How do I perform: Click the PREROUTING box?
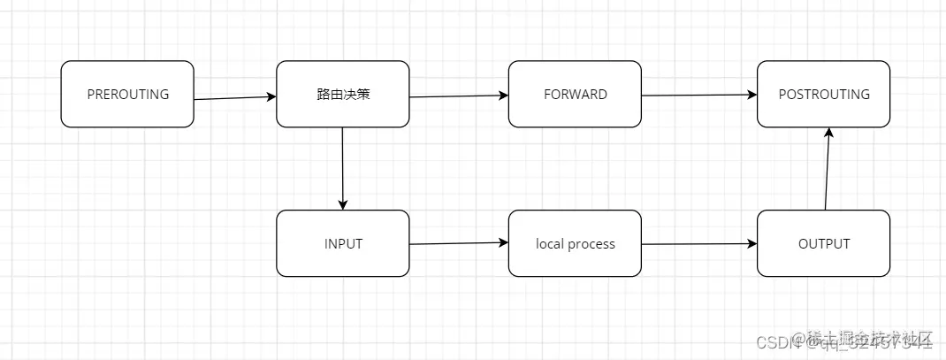pos(127,94)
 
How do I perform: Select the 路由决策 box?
pos(343,94)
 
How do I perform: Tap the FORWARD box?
pos(575,94)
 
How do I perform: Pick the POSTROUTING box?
pos(824,94)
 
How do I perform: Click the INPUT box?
pos(343,243)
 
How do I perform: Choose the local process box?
pos(575,243)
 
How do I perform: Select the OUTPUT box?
pos(824,243)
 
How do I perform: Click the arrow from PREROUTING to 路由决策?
pos(235,98)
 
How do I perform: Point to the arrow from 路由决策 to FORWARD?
pos(459,96)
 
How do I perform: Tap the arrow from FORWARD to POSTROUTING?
pos(699,95)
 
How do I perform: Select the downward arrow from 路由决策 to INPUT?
pos(342,168)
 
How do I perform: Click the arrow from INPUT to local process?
pos(459,243)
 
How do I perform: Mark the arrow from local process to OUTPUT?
pos(699,243)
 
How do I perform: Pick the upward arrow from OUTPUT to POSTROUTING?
pos(827,168)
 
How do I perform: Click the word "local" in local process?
pos(550,243)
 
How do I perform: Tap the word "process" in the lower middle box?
pos(591,243)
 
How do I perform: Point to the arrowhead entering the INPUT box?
pos(342,204)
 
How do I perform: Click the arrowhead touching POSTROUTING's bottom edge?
pos(828,133)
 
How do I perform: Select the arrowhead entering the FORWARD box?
pos(503,96)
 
